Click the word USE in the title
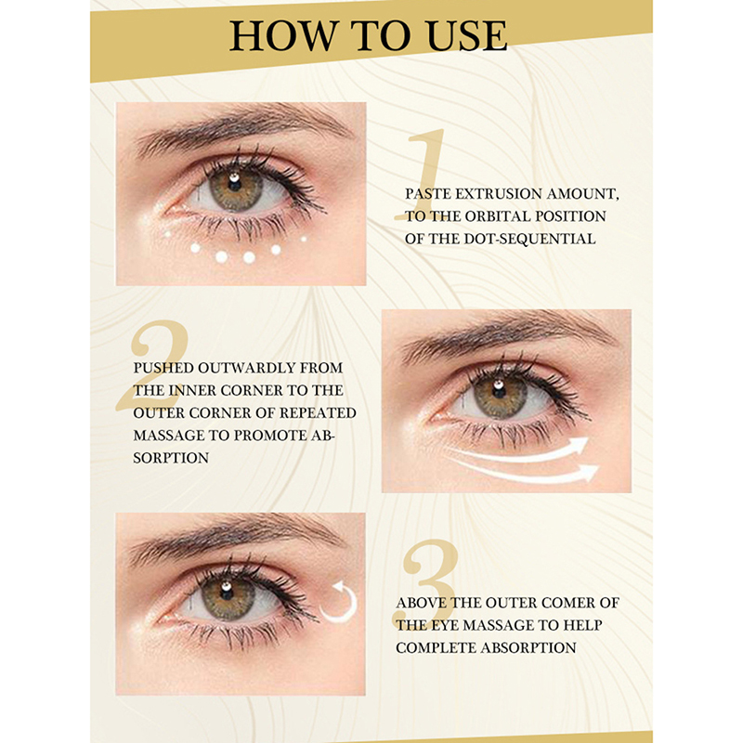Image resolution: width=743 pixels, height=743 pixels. click(x=467, y=35)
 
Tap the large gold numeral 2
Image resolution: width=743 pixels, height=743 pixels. click(x=152, y=364)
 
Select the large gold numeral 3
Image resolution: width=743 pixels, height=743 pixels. click(x=426, y=584)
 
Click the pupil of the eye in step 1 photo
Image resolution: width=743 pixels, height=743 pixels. click(x=235, y=183)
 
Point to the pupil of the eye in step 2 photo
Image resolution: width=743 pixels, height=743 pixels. click(x=499, y=390)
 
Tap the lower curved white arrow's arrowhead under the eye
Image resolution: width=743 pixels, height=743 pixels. click(x=590, y=472)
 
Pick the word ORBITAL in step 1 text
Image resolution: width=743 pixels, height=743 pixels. click(x=501, y=216)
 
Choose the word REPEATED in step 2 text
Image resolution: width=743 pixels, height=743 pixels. click(x=318, y=412)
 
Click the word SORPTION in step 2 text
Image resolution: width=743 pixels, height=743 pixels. click(x=171, y=458)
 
